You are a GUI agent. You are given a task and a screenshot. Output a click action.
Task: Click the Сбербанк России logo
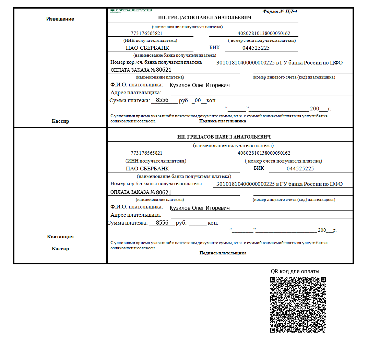(x=131, y=11)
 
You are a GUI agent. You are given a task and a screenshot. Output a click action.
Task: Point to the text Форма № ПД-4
(x=280, y=11)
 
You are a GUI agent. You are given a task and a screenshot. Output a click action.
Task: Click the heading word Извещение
(x=60, y=19)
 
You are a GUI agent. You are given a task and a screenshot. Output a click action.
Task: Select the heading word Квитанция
(x=60, y=237)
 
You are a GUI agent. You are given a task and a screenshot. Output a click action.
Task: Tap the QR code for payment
(x=298, y=304)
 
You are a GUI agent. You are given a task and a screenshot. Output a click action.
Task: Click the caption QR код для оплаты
(x=295, y=272)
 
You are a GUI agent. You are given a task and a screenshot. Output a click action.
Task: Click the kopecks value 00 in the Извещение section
(x=198, y=100)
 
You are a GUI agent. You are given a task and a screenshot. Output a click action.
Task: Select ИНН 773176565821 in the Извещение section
(x=146, y=34)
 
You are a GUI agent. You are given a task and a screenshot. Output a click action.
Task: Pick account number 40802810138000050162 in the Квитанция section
(x=264, y=153)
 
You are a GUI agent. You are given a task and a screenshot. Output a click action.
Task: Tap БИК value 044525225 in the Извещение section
(x=256, y=48)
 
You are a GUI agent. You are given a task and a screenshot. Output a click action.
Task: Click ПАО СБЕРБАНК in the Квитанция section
(x=147, y=169)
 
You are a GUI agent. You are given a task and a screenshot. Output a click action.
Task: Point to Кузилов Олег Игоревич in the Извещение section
(x=200, y=85)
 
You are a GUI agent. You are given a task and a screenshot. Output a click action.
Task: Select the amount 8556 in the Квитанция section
(x=162, y=223)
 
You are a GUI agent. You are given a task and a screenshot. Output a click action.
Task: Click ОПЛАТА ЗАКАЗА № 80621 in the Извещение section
(x=141, y=70)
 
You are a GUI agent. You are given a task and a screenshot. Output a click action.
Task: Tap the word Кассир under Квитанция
(x=60, y=249)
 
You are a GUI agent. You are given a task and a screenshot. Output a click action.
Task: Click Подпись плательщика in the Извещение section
(x=223, y=121)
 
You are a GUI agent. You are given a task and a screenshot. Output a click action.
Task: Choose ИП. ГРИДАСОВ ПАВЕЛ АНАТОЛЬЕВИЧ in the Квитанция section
(x=224, y=137)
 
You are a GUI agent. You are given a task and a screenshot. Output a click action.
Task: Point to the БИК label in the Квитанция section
(x=259, y=168)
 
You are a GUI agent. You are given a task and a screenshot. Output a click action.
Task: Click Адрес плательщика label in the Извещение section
(x=136, y=93)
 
